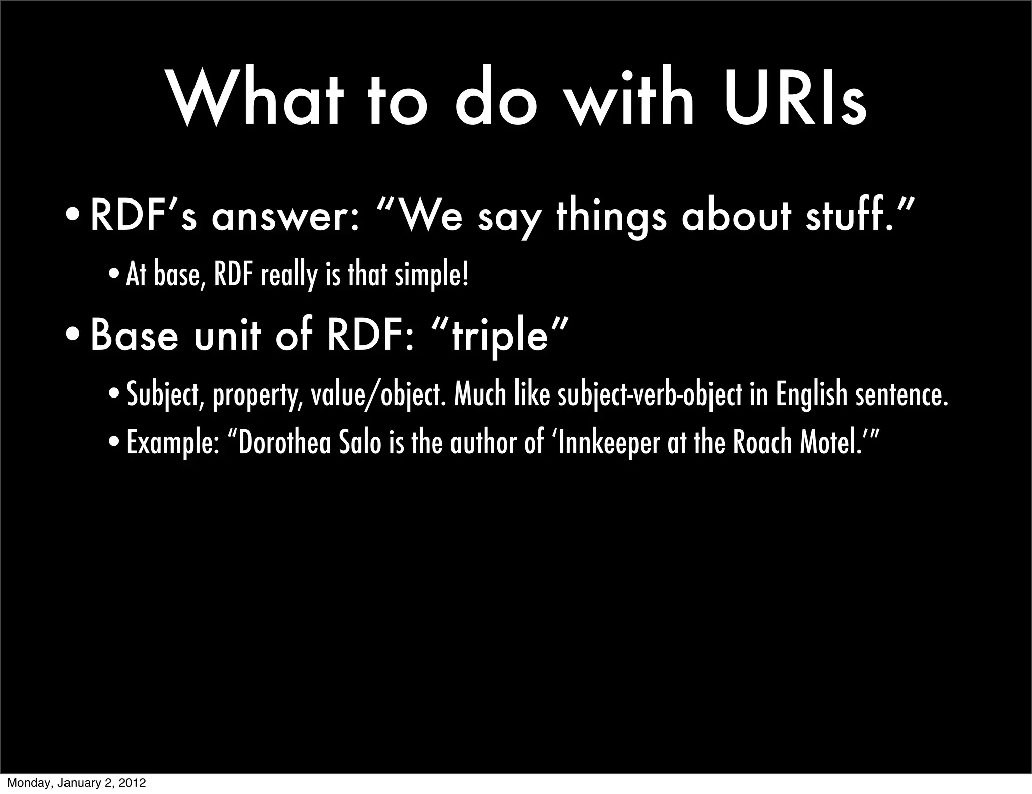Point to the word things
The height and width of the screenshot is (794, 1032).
tap(611, 218)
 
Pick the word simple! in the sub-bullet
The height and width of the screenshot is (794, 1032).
tap(431, 276)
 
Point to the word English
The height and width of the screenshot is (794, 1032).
tap(811, 395)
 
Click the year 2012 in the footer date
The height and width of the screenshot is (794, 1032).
tap(134, 783)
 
